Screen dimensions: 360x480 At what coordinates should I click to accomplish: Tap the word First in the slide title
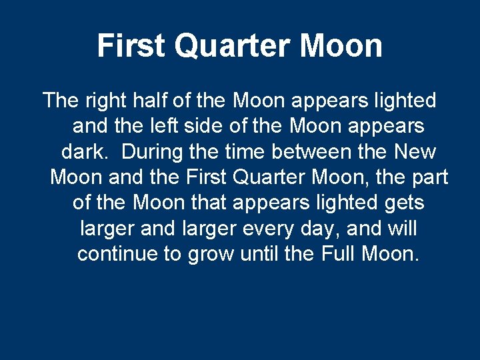coord(131,46)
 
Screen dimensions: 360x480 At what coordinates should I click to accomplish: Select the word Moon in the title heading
coord(341,46)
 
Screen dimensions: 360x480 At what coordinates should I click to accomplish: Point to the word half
coord(151,101)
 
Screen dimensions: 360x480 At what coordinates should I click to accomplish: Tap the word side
coord(209,126)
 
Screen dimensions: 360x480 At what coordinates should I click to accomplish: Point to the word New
coord(415,152)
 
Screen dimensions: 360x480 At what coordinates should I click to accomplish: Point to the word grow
coord(213,254)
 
